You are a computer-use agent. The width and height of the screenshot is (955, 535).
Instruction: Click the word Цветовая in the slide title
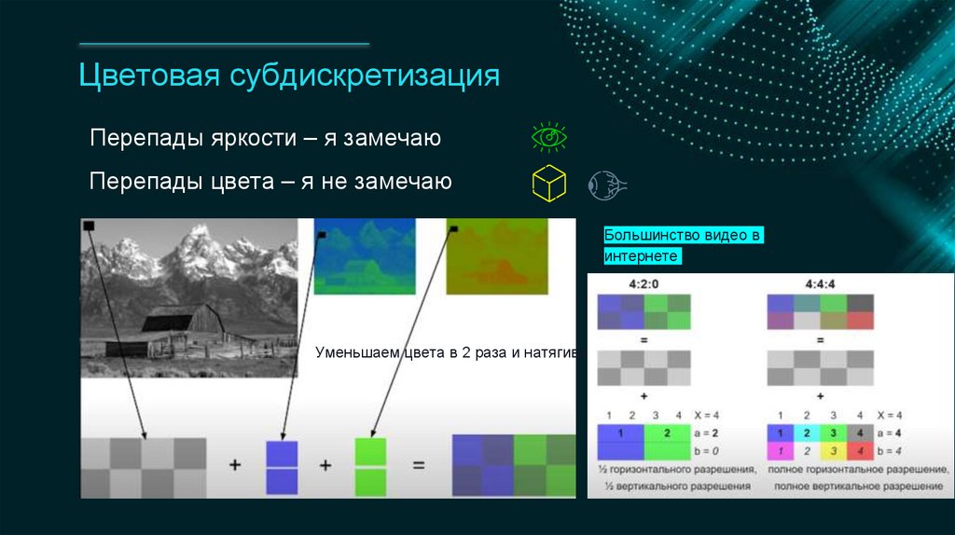pyautogui.click(x=146, y=75)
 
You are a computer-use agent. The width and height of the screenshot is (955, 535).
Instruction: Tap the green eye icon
pyautogui.click(x=549, y=137)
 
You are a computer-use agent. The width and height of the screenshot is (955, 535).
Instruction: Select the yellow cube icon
pyautogui.click(x=549, y=183)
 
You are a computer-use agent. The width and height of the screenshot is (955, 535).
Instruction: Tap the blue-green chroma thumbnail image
pyautogui.click(x=365, y=256)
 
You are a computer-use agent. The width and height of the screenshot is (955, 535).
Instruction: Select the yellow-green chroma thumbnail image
pyautogui.click(x=497, y=256)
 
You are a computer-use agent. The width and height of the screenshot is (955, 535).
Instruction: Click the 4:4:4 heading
pyautogui.click(x=820, y=281)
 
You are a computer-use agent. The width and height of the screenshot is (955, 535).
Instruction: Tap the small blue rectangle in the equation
pyautogui.click(x=282, y=466)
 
